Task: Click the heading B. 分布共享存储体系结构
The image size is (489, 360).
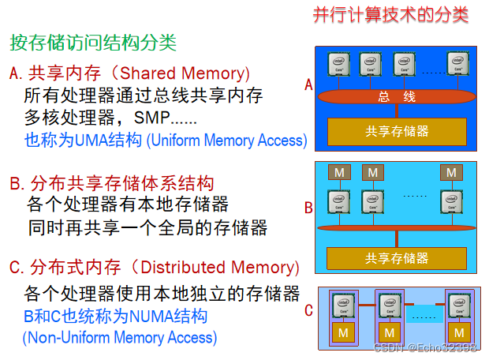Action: pyautogui.click(x=111, y=184)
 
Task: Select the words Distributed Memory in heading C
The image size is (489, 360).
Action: pyautogui.click(x=212, y=267)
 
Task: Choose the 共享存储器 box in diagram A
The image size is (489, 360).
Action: pyautogui.click(x=397, y=130)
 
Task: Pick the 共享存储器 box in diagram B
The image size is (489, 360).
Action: pyautogui.click(x=397, y=257)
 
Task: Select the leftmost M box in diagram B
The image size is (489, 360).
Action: pyautogui.click(x=339, y=172)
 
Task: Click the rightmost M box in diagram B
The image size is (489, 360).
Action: pyautogui.click(x=452, y=172)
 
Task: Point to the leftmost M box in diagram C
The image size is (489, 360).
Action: pyautogui.click(x=343, y=332)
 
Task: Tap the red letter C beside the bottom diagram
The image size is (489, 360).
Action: pyautogui.click(x=308, y=310)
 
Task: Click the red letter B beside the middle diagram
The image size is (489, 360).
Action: pyautogui.click(x=308, y=208)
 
